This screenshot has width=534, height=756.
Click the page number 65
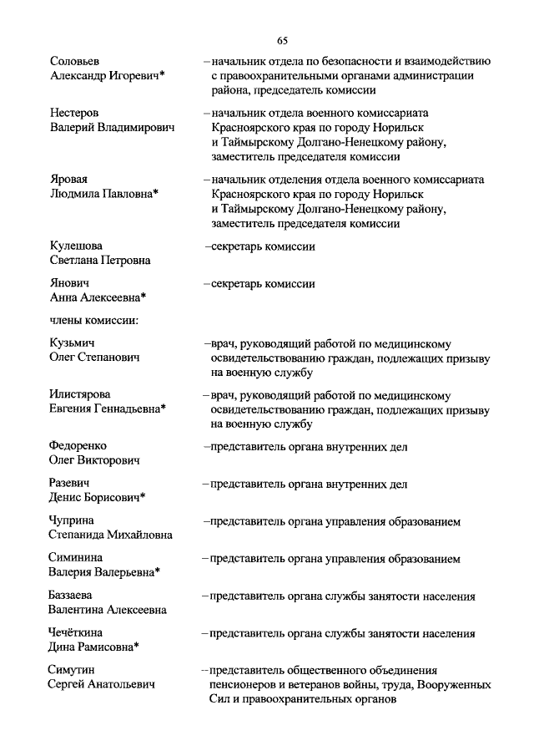[x=282, y=40]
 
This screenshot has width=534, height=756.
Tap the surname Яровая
[x=68, y=180]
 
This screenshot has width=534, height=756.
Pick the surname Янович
[x=69, y=283]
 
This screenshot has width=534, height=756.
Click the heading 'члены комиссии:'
[x=93, y=319]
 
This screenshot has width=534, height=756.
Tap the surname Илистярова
[x=80, y=394]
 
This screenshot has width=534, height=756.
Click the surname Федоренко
[x=78, y=446]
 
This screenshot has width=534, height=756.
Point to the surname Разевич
[x=70, y=484]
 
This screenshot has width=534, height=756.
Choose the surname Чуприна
[x=73, y=521]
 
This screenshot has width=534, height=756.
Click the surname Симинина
[x=77, y=559]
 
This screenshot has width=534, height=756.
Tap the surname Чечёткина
[x=78, y=633]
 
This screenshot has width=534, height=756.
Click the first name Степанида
[x=81, y=535]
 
